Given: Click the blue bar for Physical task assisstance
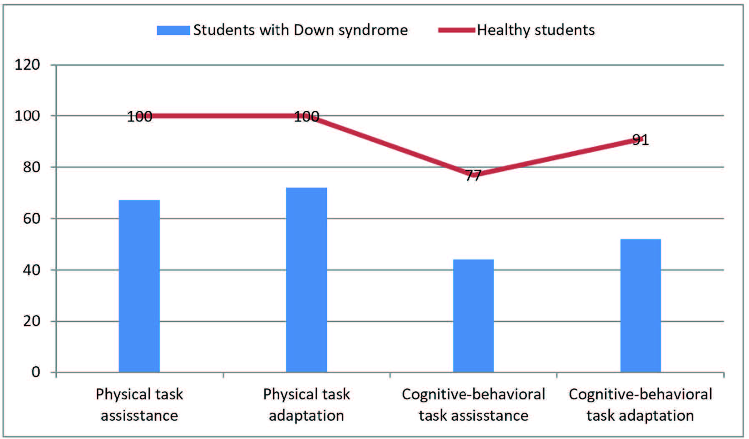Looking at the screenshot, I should point(139,286).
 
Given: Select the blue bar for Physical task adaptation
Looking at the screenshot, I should point(307,280).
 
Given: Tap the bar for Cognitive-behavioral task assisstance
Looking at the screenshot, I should point(473,315).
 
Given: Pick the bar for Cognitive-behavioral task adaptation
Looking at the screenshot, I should point(641,305).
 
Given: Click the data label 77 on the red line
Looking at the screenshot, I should point(473,175).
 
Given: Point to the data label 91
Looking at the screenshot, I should point(641,139).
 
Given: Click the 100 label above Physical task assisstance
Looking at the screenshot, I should point(139,116).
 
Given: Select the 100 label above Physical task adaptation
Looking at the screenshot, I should point(307,116).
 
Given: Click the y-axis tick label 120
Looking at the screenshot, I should point(27,65).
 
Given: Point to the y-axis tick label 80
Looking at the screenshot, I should point(31,167).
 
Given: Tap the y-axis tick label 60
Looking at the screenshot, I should point(31,219).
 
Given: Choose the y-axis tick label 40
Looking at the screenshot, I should point(31,270).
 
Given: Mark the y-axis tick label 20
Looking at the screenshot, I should point(31,321).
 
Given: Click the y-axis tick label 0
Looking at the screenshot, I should point(36,372).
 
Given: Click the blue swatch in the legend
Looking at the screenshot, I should point(173,30).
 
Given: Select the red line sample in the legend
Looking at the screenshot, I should point(456,30).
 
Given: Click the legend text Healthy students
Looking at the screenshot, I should point(536,30).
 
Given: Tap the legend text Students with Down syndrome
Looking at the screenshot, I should point(300,30).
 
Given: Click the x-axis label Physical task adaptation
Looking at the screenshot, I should point(307,405).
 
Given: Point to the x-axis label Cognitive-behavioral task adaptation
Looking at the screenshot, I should point(641,405).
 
